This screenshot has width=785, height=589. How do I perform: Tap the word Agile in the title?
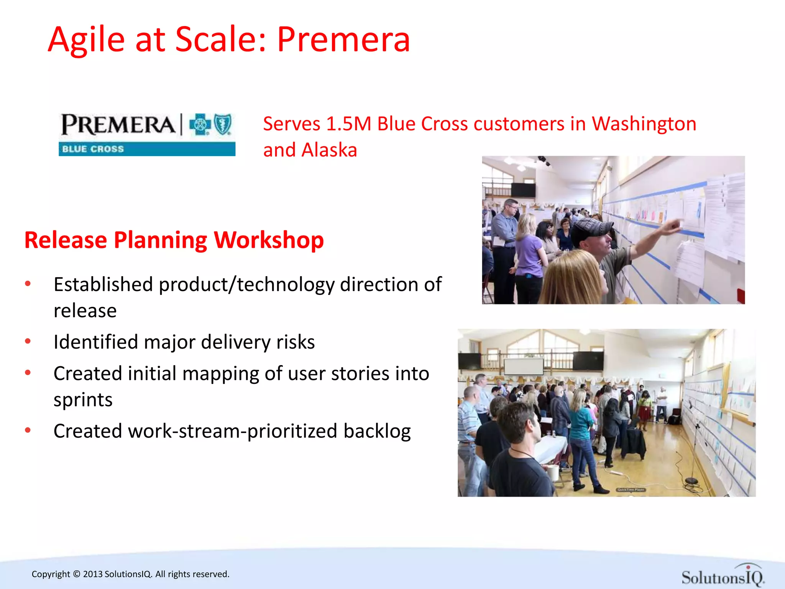point(87,40)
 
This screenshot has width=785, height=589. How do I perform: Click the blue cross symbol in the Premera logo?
point(200,124)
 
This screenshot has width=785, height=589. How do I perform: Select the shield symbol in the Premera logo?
point(223,124)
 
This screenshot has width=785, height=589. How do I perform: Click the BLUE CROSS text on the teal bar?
point(93,149)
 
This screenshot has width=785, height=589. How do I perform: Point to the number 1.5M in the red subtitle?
point(348,124)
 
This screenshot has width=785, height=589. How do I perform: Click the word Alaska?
point(329,150)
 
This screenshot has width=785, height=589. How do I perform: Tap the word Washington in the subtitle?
point(644,124)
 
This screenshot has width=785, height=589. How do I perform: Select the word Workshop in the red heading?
point(269,240)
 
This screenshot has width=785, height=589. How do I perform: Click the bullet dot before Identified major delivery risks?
point(28,341)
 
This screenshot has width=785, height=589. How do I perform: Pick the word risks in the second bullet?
point(295,342)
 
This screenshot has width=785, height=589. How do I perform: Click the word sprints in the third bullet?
point(83,400)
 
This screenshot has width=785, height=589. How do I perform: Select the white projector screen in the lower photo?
point(524,366)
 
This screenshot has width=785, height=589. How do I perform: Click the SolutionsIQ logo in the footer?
point(723,576)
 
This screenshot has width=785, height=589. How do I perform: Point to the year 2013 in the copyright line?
point(93,574)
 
